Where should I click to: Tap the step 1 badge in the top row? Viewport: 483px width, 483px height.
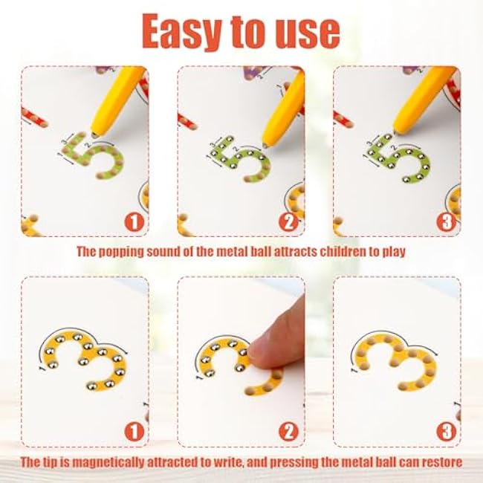pos(134,222)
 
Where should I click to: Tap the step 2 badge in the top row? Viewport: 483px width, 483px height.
pos(288,222)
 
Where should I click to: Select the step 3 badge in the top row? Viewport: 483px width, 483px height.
pos(447,222)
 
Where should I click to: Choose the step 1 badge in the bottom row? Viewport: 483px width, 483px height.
pos(134,432)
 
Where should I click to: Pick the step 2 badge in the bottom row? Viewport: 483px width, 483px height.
pos(288,432)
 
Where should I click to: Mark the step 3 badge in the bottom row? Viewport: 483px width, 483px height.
pos(447,432)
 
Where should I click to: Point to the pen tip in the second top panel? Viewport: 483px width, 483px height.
pos(265,144)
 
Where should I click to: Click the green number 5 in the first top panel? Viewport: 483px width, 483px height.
pos(93,157)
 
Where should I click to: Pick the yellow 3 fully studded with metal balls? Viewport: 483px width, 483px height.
pos(85,360)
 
